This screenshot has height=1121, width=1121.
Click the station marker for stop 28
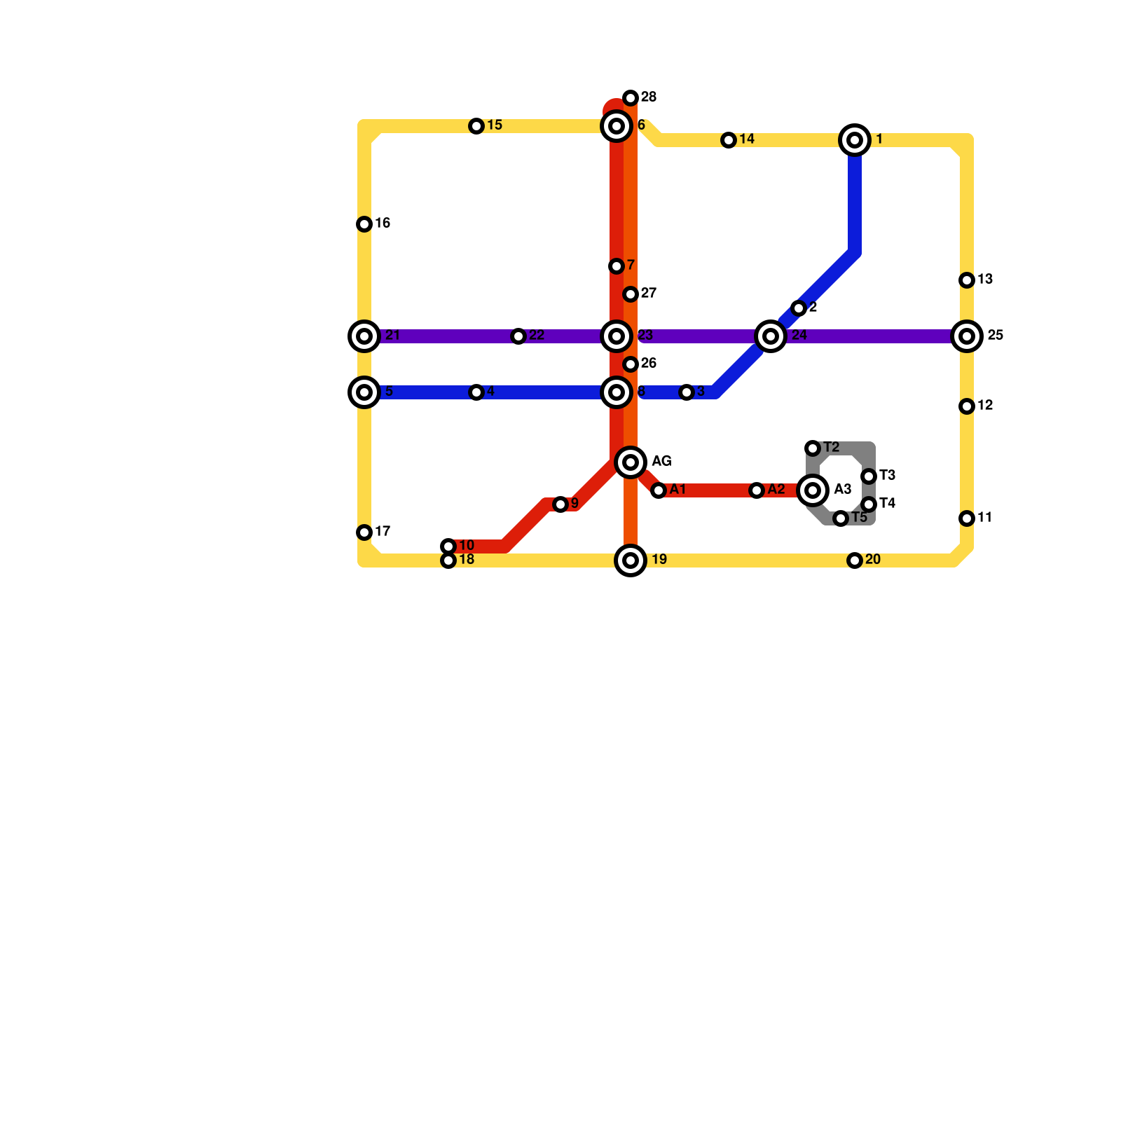click(631, 98)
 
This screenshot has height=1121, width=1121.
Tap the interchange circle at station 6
click(617, 126)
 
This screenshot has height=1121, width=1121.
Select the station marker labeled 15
click(476, 126)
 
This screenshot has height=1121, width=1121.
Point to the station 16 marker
click(364, 224)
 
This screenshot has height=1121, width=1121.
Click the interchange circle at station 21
click(364, 336)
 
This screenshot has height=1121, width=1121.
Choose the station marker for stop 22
click(518, 336)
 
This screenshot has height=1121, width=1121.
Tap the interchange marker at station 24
click(771, 336)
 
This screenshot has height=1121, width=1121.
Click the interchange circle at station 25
click(967, 336)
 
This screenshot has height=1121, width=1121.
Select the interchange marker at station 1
click(855, 140)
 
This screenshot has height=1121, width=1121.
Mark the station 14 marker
click(729, 140)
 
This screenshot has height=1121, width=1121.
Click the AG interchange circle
click(631, 462)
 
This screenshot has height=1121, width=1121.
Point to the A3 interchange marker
click(813, 490)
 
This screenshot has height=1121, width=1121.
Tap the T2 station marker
click(813, 448)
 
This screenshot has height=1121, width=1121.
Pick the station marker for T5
click(841, 518)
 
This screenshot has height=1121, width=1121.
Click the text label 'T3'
click(888, 476)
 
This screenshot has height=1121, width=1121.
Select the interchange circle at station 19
click(631, 560)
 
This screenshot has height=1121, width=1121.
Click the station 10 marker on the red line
click(448, 546)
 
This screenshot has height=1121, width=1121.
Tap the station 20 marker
click(855, 560)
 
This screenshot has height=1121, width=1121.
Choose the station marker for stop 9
click(560, 504)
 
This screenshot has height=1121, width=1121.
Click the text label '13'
click(986, 280)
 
